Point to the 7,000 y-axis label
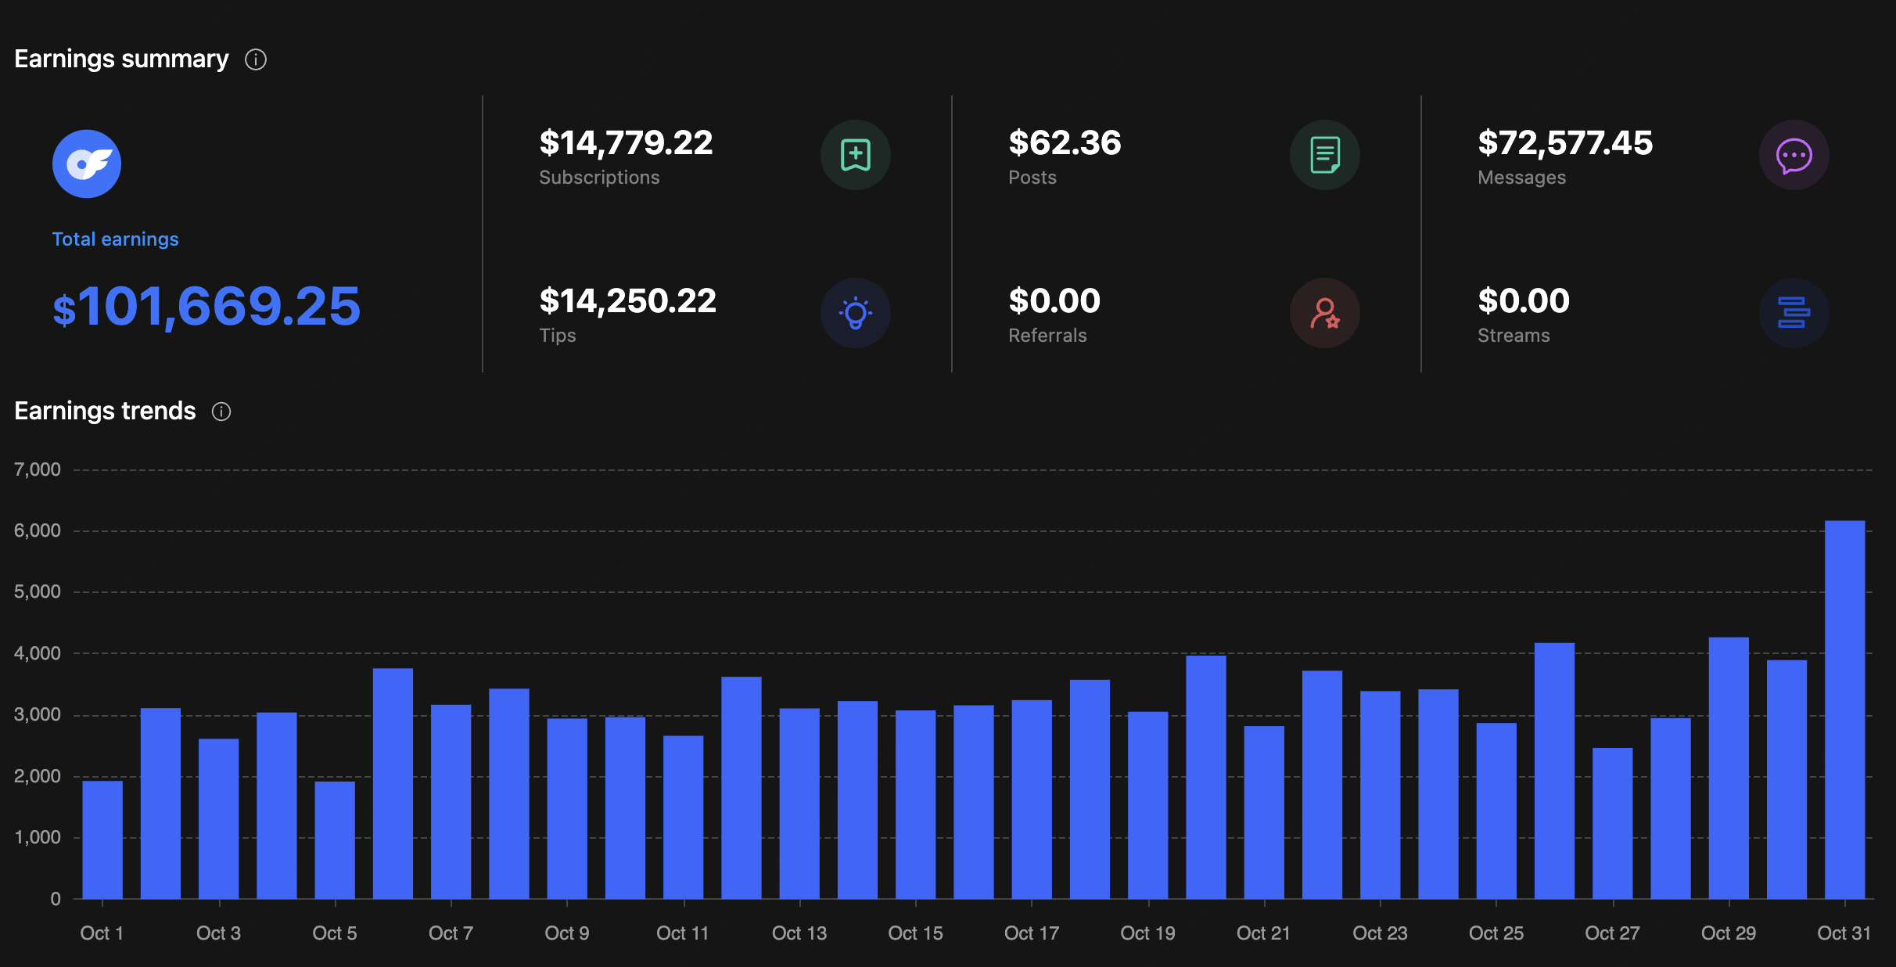(x=38, y=469)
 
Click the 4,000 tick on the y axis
(x=38, y=653)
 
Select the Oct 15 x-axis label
(x=915, y=933)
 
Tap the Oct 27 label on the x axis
(x=1612, y=933)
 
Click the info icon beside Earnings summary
(x=256, y=59)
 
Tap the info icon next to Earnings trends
(x=221, y=412)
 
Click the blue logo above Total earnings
(x=87, y=164)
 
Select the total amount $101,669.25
(x=206, y=306)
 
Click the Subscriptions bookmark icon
(x=855, y=155)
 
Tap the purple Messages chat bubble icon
(x=1794, y=155)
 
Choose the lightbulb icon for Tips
(x=855, y=313)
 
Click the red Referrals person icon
(x=1324, y=313)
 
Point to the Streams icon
(x=1794, y=313)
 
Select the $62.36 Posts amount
(x=1065, y=143)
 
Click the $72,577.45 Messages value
(x=1565, y=143)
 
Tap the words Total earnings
(x=115, y=239)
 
